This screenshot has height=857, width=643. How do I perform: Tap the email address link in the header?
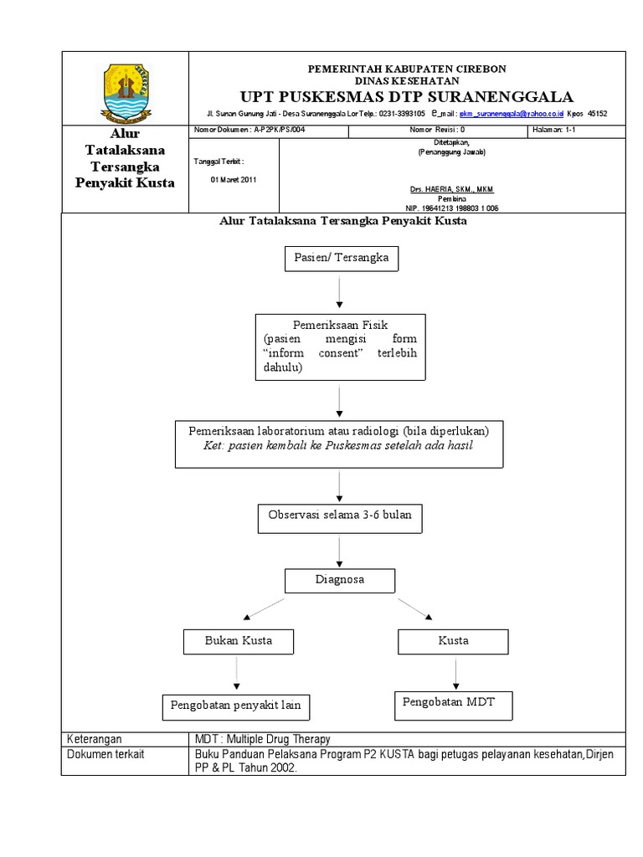[511, 113]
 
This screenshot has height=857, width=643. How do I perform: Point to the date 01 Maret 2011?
[234, 179]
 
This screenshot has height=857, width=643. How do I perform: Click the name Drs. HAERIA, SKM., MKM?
[450, 189]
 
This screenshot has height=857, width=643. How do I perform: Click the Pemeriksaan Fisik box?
[339, 346]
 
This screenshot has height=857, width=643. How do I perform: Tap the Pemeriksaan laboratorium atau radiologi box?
[339, 444]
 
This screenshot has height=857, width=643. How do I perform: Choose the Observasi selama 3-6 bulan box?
[339, 519]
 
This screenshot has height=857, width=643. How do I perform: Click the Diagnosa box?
[339, 580]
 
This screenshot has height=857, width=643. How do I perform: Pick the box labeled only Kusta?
[453, 641]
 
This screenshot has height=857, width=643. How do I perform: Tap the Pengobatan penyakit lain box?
[235, 706]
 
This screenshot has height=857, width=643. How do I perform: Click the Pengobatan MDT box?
[453, 704]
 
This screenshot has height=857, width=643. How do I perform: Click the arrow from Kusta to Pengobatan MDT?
[455, 673]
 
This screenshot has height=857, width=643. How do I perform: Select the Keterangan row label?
[95, 739]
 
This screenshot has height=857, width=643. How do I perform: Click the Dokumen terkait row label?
[105, 754]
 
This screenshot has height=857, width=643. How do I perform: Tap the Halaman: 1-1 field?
[553, 131]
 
